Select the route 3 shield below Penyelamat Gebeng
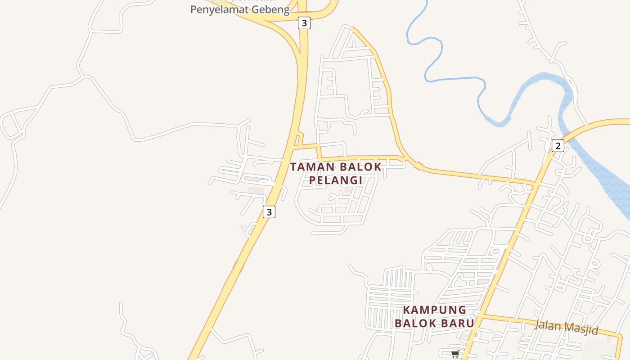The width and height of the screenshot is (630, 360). pos(304,23)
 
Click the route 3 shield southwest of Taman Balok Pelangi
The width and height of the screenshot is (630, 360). pos(269,212)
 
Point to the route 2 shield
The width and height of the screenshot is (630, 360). pos(558,145)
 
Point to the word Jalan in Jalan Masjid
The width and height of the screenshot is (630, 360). pos(547,324)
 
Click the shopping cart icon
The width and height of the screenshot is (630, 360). pos(455,354)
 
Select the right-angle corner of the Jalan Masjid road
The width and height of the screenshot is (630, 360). pos(621,335)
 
